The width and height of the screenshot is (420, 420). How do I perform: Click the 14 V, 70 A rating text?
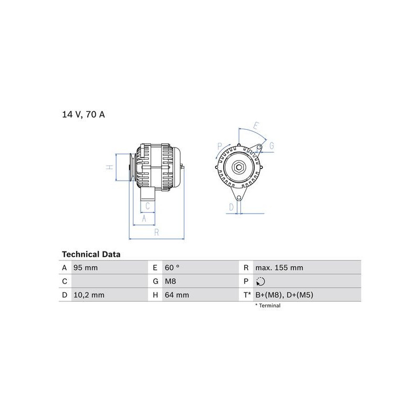pyautogui.click(x=83, y=114)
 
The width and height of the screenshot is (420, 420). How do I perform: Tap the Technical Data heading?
pyautogui.click(x=91, y=254)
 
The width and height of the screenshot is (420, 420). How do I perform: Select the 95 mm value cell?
pyautogui.click(x=86, y=268)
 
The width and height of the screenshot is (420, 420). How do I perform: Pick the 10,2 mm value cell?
pyautogui.click(x=89, y=295)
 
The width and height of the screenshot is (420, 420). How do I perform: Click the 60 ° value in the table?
pyautogui.click(x=172, y=268)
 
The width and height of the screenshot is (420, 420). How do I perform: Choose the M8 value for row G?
pyautogui.click(x=170, y=281)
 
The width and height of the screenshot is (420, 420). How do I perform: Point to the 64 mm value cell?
pyautogui.click(x=177, y=295)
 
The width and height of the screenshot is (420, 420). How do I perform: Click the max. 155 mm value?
pyautogui.click(x=279, y=268)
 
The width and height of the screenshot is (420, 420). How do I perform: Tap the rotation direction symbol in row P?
pyautogui.click(x=260, y=281)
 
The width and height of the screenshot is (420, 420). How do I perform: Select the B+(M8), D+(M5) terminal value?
pyautogui.click(x=284, y=295)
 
